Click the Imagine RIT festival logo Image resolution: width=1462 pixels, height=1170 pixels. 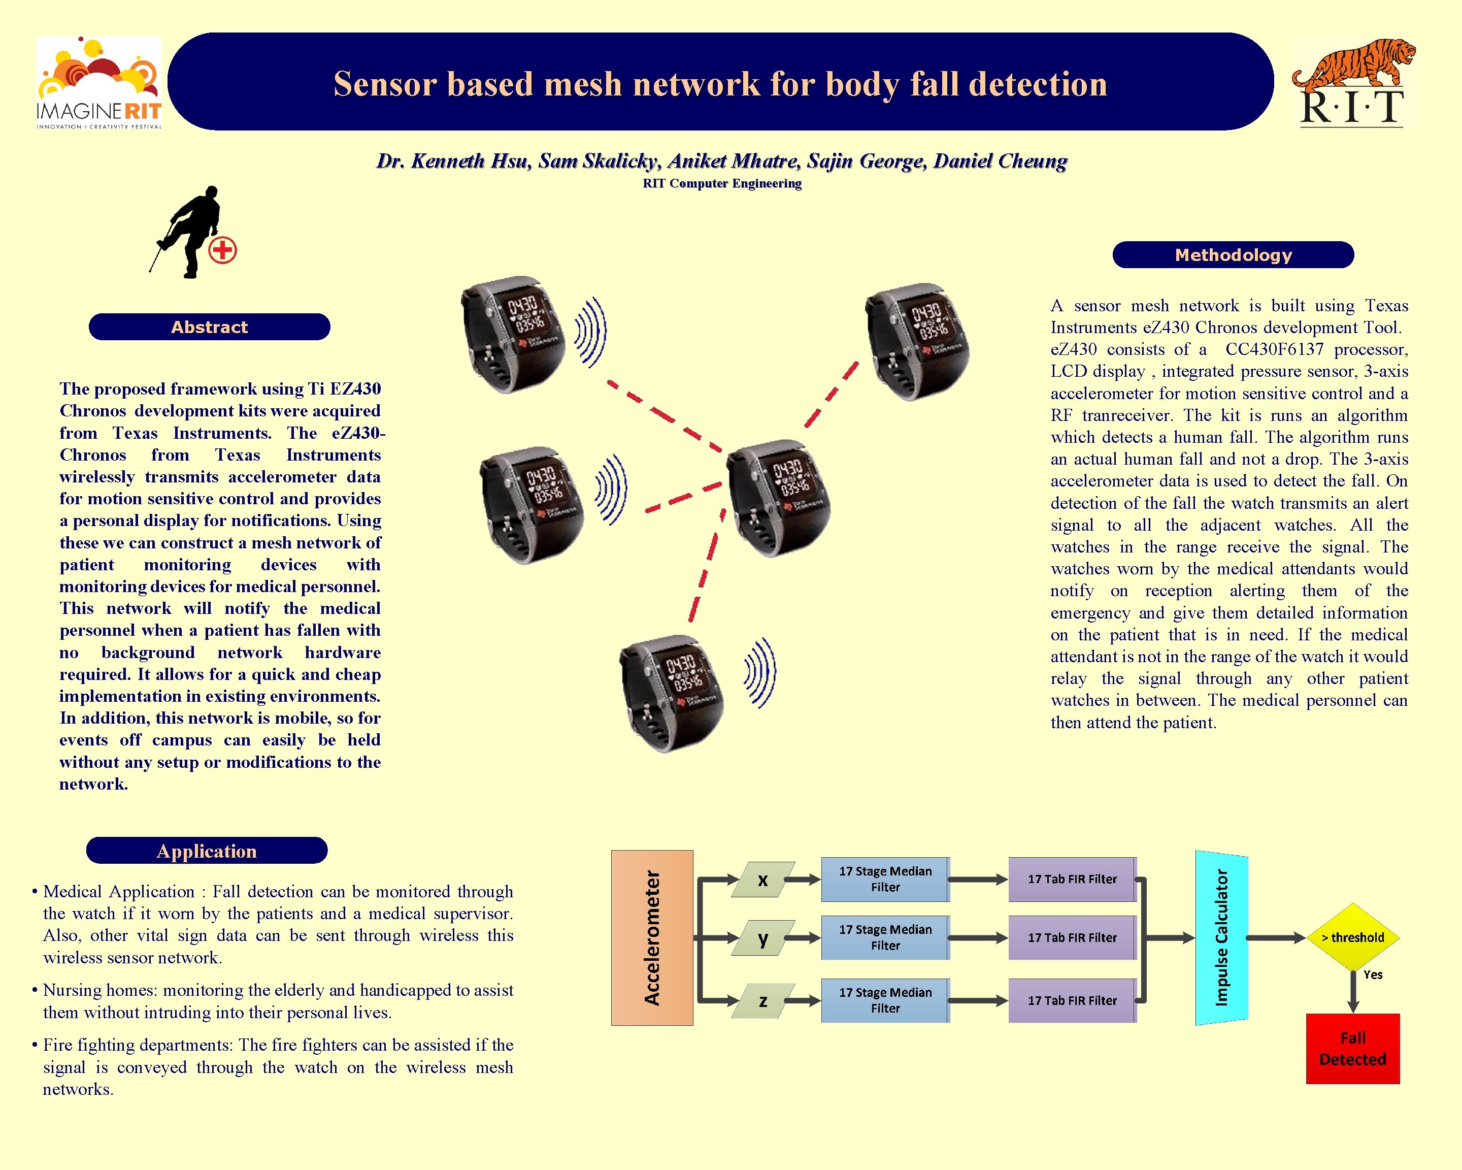click(99, 83)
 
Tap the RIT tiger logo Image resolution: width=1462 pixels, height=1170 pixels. click(1352, 83)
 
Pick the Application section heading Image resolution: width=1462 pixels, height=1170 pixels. click(207, 851)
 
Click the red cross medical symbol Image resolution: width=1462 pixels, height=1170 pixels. click(222, 250)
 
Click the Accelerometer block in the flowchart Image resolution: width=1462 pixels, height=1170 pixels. click(652, 937)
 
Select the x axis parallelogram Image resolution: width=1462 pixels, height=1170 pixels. click(763, 880)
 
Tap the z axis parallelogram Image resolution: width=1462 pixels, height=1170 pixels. click(763, 1001)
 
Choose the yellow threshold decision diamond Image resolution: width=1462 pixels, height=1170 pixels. click(1352, 937)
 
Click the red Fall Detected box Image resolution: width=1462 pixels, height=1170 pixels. click(1352, 1049)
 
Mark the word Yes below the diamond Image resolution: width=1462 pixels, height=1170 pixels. click(1373, 974)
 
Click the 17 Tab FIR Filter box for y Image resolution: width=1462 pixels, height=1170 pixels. click(1072, 937)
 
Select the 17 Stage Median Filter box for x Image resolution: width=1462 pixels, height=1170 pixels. click(885, 879)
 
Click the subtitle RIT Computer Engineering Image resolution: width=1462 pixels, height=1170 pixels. click(722, 183)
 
